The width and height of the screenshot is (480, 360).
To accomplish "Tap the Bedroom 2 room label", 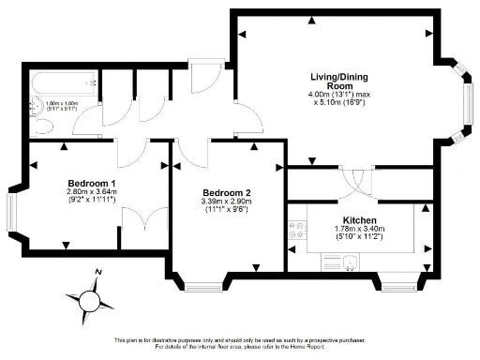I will (x=225, y=192).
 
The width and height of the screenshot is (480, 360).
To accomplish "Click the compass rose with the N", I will (x=90, y=299).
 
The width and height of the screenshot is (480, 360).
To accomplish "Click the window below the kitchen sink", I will (x=393, y=280).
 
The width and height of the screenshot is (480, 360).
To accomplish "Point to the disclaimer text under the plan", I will (x=240, y=343).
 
